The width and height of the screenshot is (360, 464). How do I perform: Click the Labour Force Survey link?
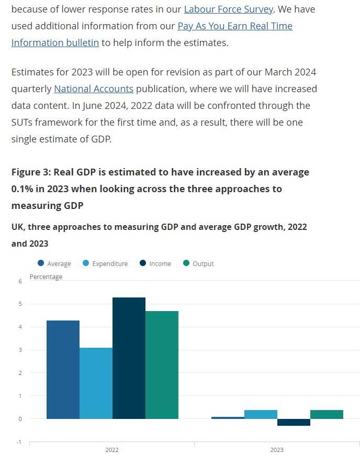pyautogui.click(x=228, y=9)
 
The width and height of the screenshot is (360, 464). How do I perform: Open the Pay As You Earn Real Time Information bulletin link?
pyautogui.click(x=235, y=26)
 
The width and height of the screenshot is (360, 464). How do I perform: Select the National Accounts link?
pyautogui.click(x=94, y=89)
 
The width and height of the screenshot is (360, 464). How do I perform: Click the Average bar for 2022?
pyautogui.click(x=63, y=370)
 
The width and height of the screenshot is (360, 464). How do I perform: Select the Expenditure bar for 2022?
pyautogui.click(x=96, y=383)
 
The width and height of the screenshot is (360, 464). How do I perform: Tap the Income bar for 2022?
pyautogui.click(x=129, y=358)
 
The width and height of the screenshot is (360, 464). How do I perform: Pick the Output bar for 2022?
pyautogui.click(x=162, y=365)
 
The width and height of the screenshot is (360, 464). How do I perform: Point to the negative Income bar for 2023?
pyautogui.click(x=294, y=422)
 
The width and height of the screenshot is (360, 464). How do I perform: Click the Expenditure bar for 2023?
pyautogui.click(x=261, y=414)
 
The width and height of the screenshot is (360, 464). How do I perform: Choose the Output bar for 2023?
pyautogui.click(x=327, y=414)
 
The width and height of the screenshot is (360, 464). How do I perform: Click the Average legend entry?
pyautogui.click(x=54, y=264)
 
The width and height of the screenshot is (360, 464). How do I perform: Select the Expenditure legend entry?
pyautogui.click(x=105, y=264)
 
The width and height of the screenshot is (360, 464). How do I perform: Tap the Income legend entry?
pyautogui.click(x=155, y=264)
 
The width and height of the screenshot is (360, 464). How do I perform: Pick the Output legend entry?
pyautogui.click(x=198, y=264)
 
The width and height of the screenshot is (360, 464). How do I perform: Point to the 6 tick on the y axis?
pyautogui.click(x=20, y=281)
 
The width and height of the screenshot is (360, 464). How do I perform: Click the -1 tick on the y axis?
pyautogui.click(x=19, y=442)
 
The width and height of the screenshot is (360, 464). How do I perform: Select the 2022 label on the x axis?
pyautogui.click(x=112, y=450)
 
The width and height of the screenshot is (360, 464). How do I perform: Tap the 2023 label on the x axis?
pyautogui.click(x=277, y=450)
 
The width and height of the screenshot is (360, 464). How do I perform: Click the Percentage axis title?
pyautogui.click(x=46, y=277)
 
